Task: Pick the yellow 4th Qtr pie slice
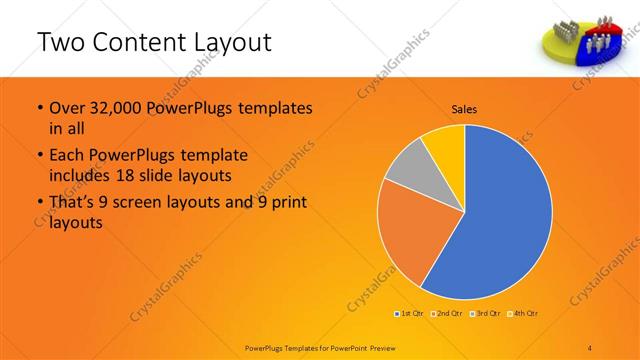[443, 145]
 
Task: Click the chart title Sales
[465, 108]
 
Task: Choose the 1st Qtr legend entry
[410, 314]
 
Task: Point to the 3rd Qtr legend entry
[485, 314]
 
